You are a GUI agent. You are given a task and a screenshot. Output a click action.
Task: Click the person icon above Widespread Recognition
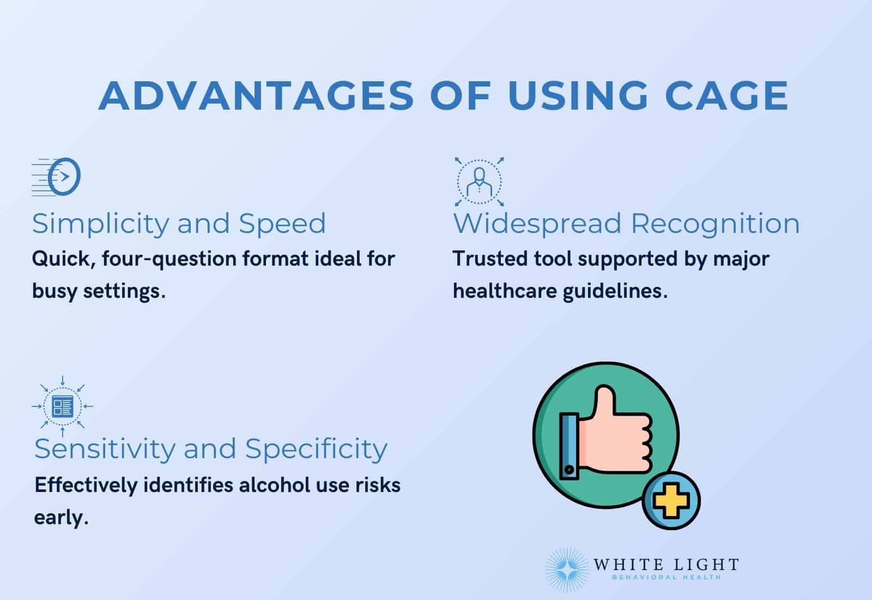coord(479,182)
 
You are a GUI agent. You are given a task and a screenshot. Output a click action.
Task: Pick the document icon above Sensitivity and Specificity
coord(62,406)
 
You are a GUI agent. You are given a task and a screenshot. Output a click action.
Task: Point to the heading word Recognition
coord(715,224)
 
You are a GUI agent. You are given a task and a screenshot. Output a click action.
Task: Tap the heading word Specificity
coord(316,449)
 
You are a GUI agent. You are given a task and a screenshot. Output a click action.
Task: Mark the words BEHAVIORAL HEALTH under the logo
coord(667,578)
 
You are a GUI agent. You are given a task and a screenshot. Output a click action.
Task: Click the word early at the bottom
coord(60,517)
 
